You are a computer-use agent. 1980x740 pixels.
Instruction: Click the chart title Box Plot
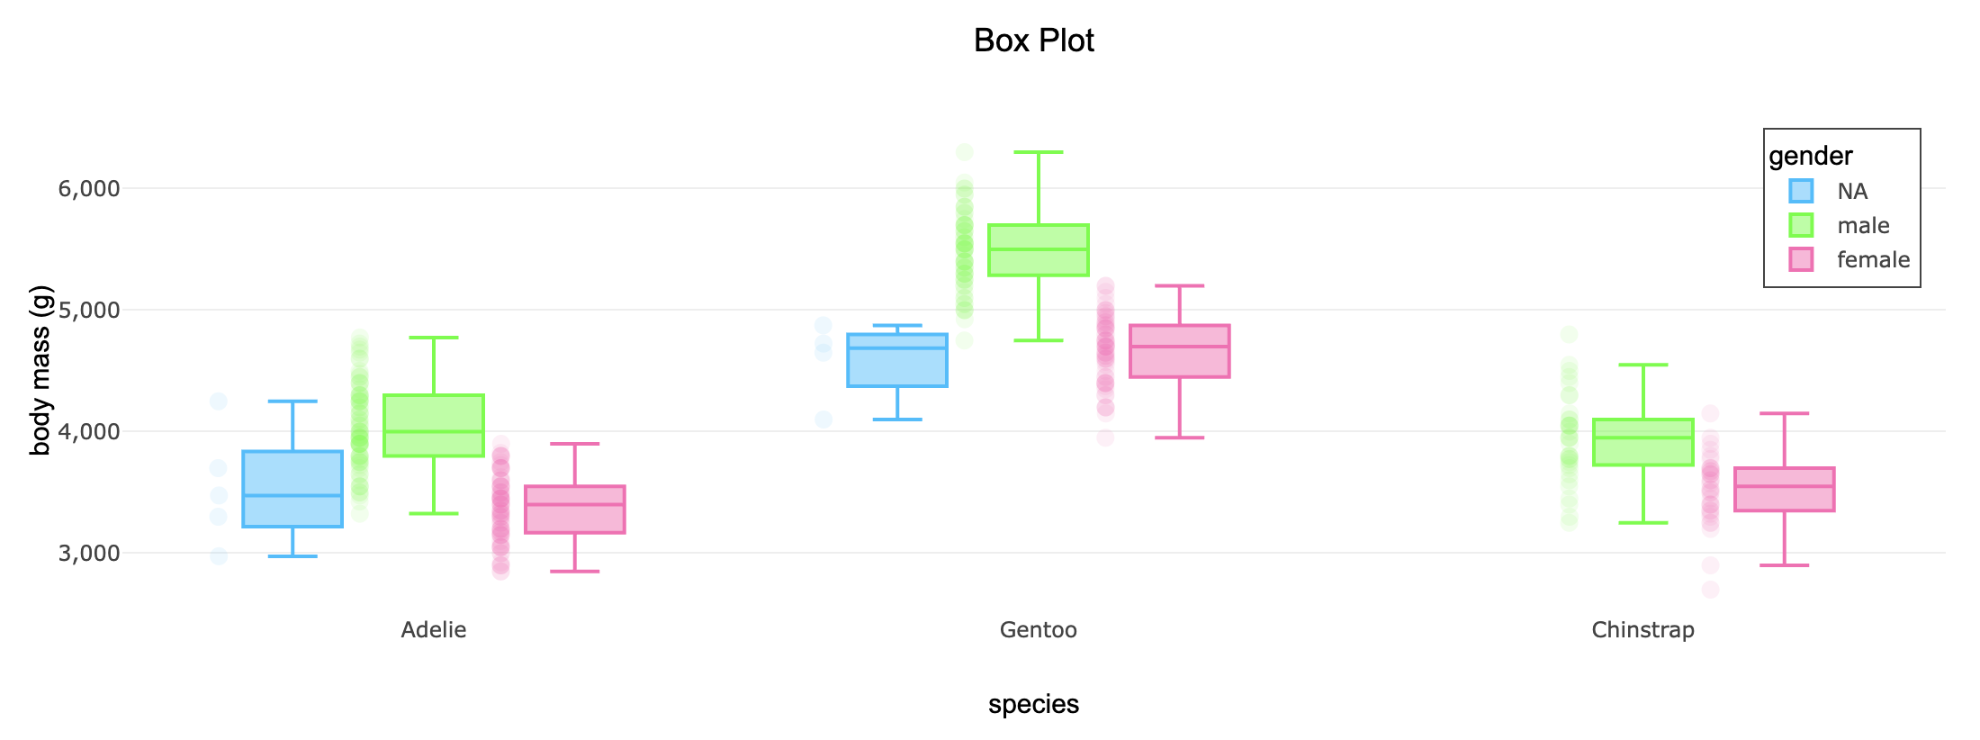point(1033,41)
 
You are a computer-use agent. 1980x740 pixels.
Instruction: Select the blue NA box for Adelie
point(292,489)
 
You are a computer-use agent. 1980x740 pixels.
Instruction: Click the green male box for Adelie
point(434,425)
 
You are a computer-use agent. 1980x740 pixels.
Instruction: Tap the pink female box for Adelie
point(575,510)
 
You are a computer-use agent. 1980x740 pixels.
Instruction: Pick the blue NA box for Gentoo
point(897,360)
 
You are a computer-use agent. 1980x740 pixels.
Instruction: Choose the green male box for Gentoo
point(1039,249)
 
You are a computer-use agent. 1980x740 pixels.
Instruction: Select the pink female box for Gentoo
point(1180,351)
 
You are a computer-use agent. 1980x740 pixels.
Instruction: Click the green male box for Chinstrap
point(1643,442)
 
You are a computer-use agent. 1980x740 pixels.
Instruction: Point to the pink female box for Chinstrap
point(1785,490)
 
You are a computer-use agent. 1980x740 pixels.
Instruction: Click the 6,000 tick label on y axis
point(89,189)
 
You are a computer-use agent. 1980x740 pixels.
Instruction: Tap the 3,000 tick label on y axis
point(89,554)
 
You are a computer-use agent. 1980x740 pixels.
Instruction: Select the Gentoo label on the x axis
point(1038,630)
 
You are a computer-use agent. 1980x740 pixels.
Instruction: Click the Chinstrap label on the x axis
point(1642,630)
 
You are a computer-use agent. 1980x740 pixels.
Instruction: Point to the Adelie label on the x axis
point(434,630)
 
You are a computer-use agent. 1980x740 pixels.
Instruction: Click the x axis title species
point(1033,704)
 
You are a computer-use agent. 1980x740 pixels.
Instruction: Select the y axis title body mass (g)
point(41,370)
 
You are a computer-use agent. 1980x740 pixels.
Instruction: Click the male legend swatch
point(1801,225)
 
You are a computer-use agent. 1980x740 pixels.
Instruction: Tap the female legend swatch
point(1801,259)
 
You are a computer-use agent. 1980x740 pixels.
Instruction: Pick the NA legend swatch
point(1801,191)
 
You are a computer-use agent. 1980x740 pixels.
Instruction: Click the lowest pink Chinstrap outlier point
point(1710,590)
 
